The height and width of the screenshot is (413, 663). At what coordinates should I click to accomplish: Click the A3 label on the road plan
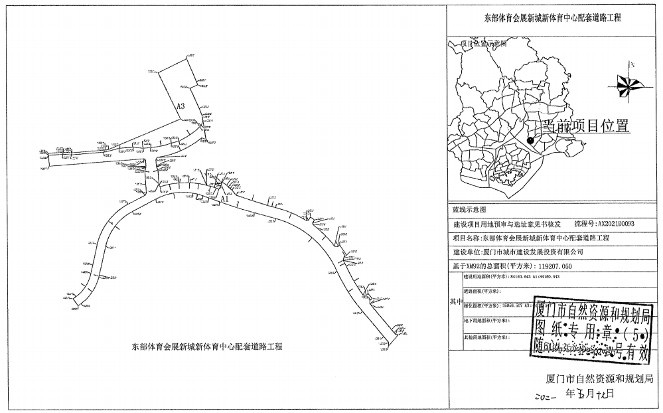(x=180, y=106)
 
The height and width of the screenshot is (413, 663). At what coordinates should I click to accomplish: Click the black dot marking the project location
(x=530, y=139)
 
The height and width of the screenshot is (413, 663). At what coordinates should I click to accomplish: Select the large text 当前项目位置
(x=585, y=127)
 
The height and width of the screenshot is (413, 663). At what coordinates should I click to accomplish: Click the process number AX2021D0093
(x=607, y=224)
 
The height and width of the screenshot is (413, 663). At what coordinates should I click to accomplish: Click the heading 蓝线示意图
(x=469, y=209)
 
